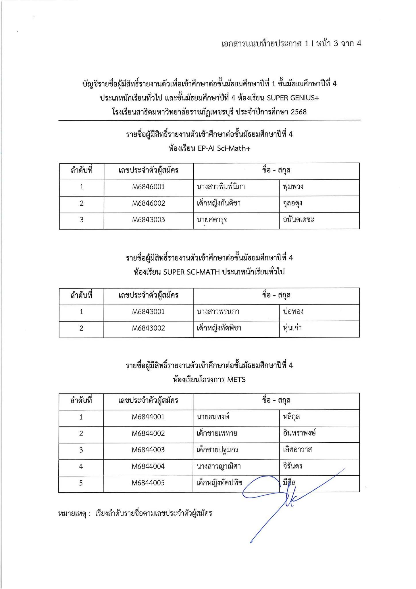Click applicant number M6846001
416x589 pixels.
(x=149, y=187)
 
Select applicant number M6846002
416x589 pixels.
(x=149, y=203)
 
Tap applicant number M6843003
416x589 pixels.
(x=149, y=220)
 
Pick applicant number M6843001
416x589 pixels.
(x=148, y=312)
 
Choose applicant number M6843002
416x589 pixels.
(x=148, y=328)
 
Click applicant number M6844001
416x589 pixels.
(x=148, y=417)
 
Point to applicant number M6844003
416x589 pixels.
(x=148, y=450)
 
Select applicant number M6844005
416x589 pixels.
(x=148, y=483)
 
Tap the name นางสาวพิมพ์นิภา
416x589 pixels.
(x=221, y=187)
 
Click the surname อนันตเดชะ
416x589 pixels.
(x=298, y=220)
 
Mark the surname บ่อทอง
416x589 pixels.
(x=293, y=312)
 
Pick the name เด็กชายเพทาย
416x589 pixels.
(x=217, y=433)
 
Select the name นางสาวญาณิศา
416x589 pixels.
(x=219, y=466)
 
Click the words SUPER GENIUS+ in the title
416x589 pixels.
(x=293, y=98)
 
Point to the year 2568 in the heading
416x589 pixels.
(x=299, y=112)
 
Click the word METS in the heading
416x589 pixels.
(x=236, y=380)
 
